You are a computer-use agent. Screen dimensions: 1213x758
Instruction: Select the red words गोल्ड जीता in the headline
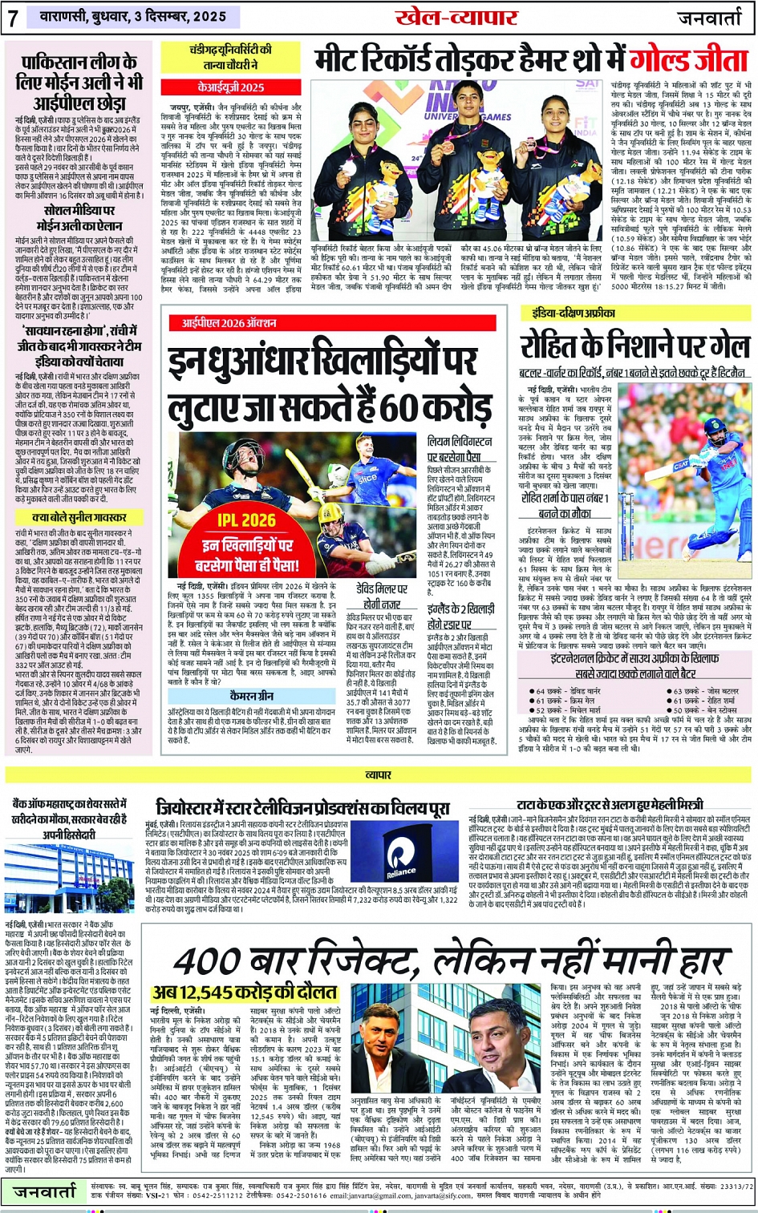coord(687,59)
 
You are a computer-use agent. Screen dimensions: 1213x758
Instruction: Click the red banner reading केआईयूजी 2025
coord(230,87)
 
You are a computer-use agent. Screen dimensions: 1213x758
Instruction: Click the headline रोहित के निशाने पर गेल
coord(634,346)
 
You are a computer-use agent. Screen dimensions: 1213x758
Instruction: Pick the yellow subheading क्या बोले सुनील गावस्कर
coord(78,518)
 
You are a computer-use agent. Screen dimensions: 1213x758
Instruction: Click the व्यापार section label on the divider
coord(379,775)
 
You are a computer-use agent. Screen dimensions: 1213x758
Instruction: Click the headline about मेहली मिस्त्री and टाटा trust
coord(610,804)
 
